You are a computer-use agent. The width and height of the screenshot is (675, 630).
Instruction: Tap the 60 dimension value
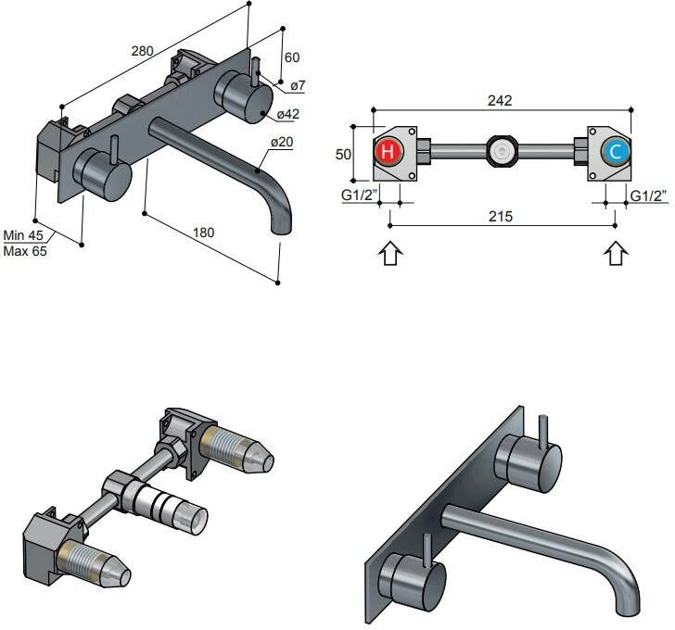point(291,57)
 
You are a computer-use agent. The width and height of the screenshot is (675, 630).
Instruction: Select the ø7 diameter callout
point(297,86)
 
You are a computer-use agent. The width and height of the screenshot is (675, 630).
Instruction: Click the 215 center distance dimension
point(500,216)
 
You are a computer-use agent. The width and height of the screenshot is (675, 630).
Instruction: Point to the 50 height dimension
point(343,154)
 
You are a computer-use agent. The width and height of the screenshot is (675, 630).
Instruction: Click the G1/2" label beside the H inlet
point(358,195)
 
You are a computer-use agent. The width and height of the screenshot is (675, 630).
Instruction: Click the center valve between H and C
point(501,151)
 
